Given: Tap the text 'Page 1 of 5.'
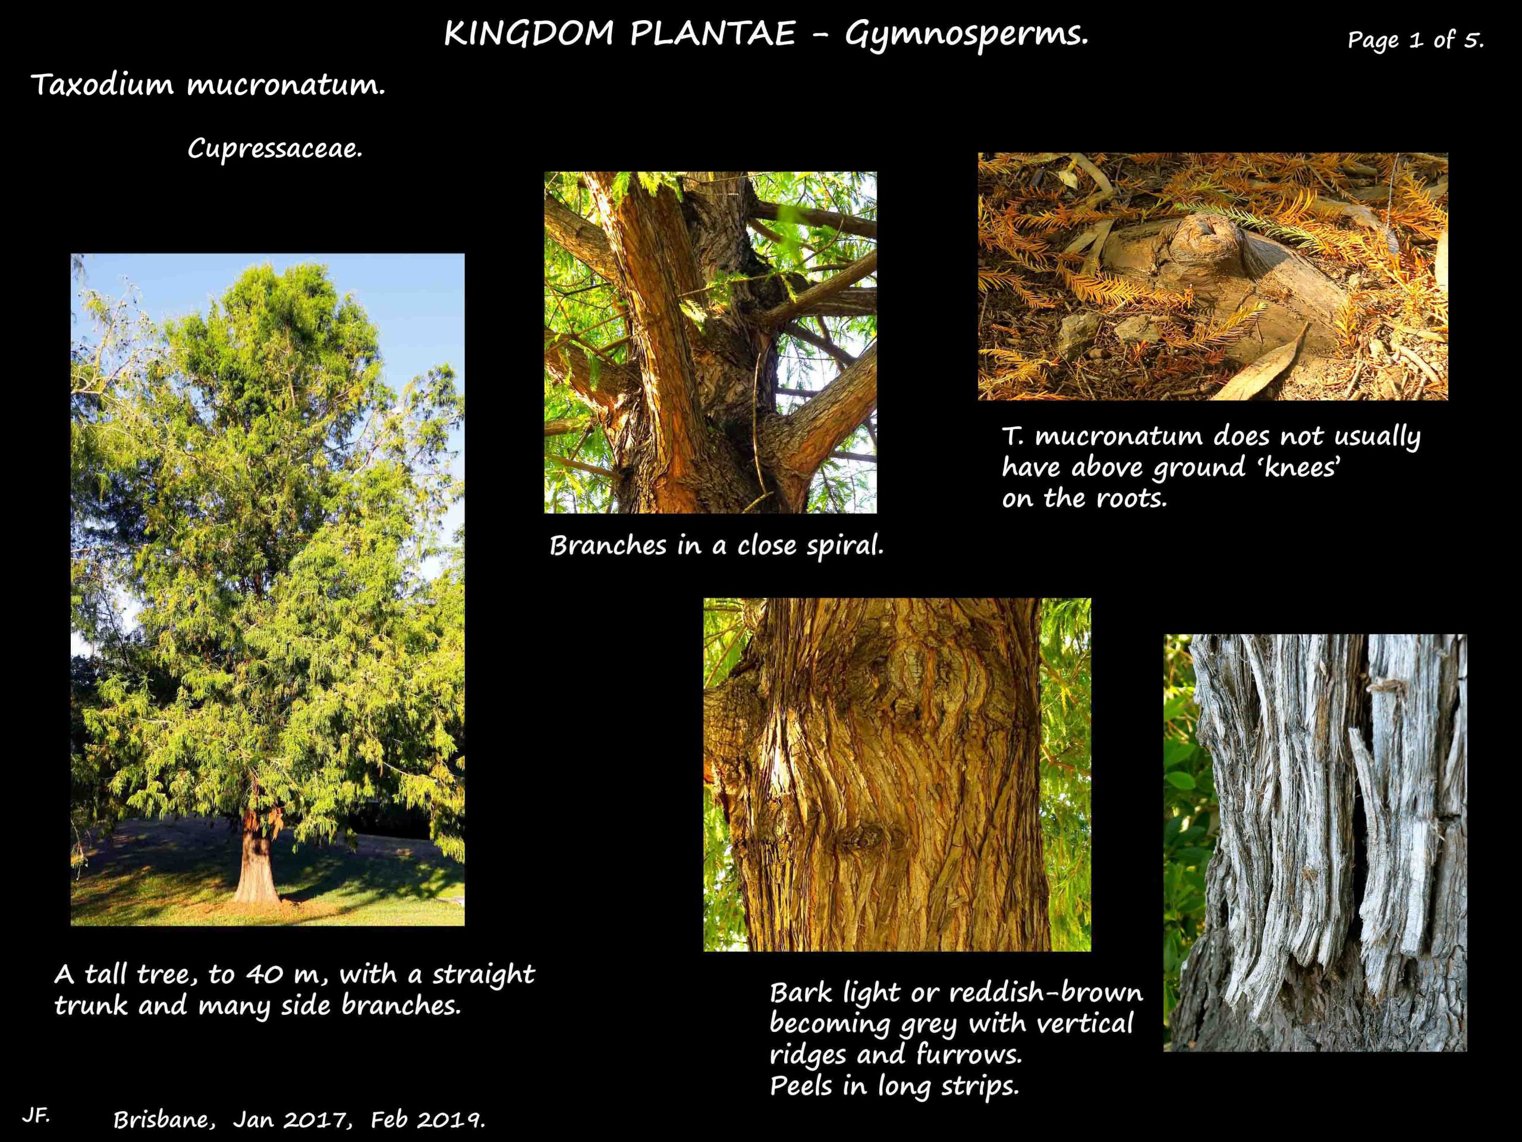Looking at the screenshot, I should pos(1416,40).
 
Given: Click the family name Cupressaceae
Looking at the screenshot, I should pos(275,149).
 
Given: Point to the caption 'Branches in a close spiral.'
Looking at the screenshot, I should pos(716,546).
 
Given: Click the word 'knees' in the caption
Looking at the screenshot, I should pos(1294,468).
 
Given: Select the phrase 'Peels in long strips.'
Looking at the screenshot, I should pos(893,1085).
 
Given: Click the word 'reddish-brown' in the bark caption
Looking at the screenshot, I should pos(1045,993).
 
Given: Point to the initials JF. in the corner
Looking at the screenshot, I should pos(35,1116).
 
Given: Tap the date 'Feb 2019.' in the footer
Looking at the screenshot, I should pos(428,1120).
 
